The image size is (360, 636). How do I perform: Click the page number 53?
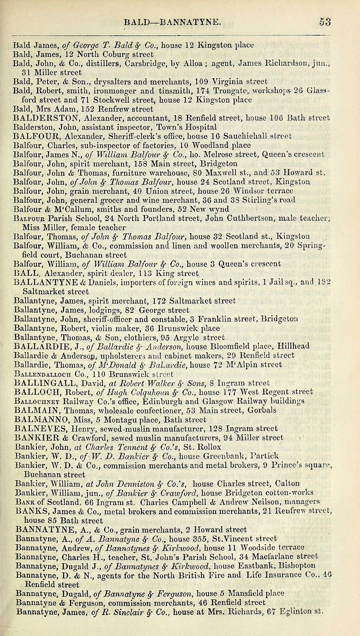point(325,22)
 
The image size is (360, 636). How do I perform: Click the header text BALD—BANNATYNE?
point(171,23)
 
